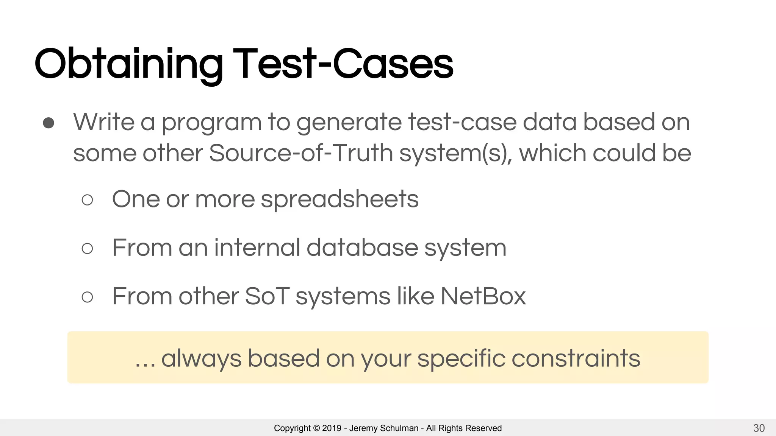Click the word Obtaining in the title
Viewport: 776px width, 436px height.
pyautogui.click(x=128, y=64)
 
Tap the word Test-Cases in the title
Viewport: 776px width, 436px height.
pyautogui.click(x=343, y=64)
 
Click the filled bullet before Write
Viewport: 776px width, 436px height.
pyautogui.click(x=48, y=123)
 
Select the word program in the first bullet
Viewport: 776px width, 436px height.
pyautogui.click(x=211, y=123)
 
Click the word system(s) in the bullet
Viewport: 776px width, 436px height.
pyautogui.click(x=455, y=153)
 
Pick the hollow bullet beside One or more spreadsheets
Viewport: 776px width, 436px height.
pyautogui.click(x=87, y=200)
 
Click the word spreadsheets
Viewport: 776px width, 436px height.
pyautogui.click(x=339, y=199)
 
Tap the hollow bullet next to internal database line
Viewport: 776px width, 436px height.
pyautogui.click(x=87, y=248)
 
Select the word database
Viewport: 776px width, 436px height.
pyautogui.click(x=362, y=248)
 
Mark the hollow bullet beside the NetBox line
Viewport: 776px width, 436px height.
pyautogui.click(x=87, y=297)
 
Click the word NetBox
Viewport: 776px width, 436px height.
pyautogui.click(x=483, y=296)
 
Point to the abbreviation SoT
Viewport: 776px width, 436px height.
pyautogui.click(x=267, y=296)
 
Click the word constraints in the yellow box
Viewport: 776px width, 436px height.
pyautogui.click(x=576, y=358)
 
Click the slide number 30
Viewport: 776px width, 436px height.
pyautogui.click(x=759, y=428)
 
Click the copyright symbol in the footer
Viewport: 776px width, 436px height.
pyautogui.click(x=316, y=428)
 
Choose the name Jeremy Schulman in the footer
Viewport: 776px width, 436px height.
pyautogui.click(x=383, y=428)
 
